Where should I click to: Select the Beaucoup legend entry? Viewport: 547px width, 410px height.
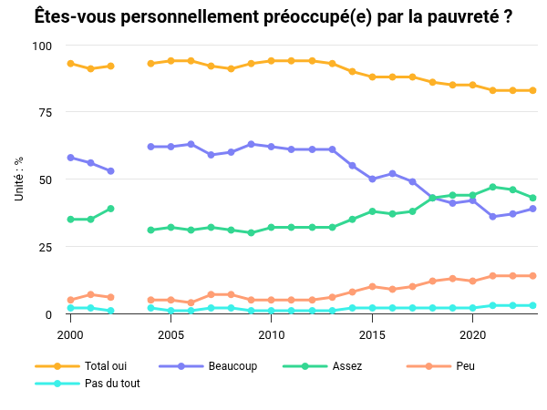[232, 366]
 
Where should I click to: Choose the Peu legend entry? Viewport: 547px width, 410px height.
[466, 366]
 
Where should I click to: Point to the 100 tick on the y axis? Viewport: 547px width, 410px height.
[43, 46]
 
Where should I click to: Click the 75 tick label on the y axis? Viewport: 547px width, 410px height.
[46, 113]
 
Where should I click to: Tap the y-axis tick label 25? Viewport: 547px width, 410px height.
[46, 247]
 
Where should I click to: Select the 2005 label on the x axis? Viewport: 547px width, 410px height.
[170, 335]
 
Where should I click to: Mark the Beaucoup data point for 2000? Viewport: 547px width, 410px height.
[70, 158]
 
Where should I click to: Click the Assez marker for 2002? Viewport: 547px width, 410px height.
[110, 209]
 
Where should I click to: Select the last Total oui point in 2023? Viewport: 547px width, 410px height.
[532, 90]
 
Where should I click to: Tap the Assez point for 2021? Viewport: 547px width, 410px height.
[492, 187]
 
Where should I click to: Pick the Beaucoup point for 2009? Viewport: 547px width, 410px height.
[251, 144]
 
